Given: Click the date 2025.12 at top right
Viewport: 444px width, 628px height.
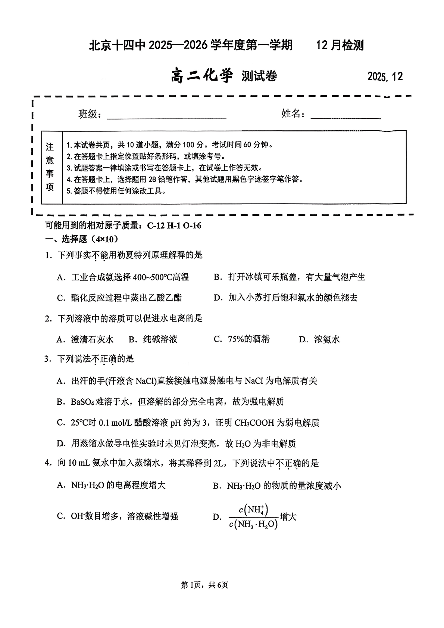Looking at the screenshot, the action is (385, 77).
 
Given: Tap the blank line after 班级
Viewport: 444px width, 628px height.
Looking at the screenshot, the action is (166, 118).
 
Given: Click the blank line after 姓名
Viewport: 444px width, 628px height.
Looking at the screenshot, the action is (345, 118).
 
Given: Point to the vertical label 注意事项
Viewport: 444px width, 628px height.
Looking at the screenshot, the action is (50, 167).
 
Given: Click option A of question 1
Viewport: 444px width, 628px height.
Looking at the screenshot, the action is (123, 277).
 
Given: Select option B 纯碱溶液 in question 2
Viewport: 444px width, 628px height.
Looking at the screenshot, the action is (153, 339).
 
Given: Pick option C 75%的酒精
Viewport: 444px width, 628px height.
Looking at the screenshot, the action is (241, 339).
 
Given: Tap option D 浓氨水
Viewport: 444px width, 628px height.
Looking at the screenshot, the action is (320, 339).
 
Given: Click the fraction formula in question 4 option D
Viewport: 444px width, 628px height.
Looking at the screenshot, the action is (254, 517).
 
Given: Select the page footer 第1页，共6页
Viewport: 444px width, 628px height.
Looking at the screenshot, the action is (204, 585).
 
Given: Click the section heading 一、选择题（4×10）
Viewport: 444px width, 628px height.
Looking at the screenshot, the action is (82, 239).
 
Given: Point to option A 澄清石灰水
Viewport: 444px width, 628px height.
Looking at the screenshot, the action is (85, 339).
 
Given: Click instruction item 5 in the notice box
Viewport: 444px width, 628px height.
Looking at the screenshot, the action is (116, 191).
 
